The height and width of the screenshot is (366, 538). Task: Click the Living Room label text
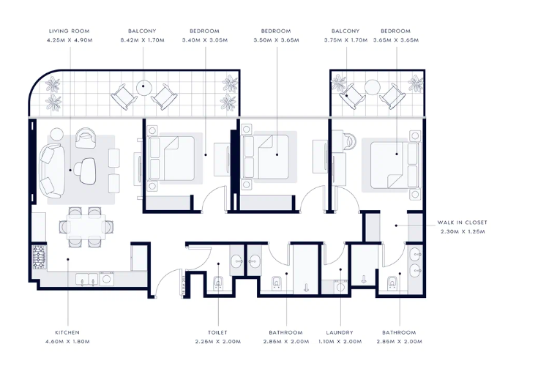click(70, 31)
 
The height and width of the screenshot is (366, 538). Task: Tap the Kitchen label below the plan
click(67, 332)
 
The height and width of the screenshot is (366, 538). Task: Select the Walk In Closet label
click(462, 223)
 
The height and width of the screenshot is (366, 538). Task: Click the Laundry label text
click(340, 332)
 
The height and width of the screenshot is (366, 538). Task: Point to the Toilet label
click(217, 332)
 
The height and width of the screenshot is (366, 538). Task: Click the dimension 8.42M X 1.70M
click(143, 40)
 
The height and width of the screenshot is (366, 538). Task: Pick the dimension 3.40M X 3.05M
click(205, 40)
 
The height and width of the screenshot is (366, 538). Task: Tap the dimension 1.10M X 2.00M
click(340, 342)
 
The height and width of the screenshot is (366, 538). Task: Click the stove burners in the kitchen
click(39, 257)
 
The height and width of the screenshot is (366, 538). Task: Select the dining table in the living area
click(86, 227)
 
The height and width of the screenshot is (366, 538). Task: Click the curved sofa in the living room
click(51, 171)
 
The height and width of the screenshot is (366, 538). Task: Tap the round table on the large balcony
click(144, 88)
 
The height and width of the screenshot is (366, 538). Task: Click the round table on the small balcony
click(372, 87)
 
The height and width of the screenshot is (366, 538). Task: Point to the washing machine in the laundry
click(340, 287)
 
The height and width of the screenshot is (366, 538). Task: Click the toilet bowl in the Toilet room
click(218, 283)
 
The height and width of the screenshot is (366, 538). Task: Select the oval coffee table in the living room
click(88, 171)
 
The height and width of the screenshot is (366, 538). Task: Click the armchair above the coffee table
click(86, 138)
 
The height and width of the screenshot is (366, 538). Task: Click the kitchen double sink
click(87, 279)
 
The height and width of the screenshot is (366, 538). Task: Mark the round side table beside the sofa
click(56, 134)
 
